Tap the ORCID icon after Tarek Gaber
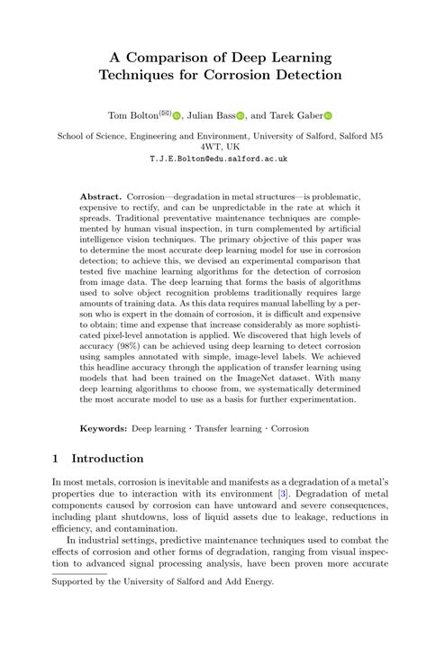pyautogui.click(x=328, y=115)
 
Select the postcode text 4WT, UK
pyautogui.click(x=213, y=145)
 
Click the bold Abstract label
pyautogui.click(x=100, y=196)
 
